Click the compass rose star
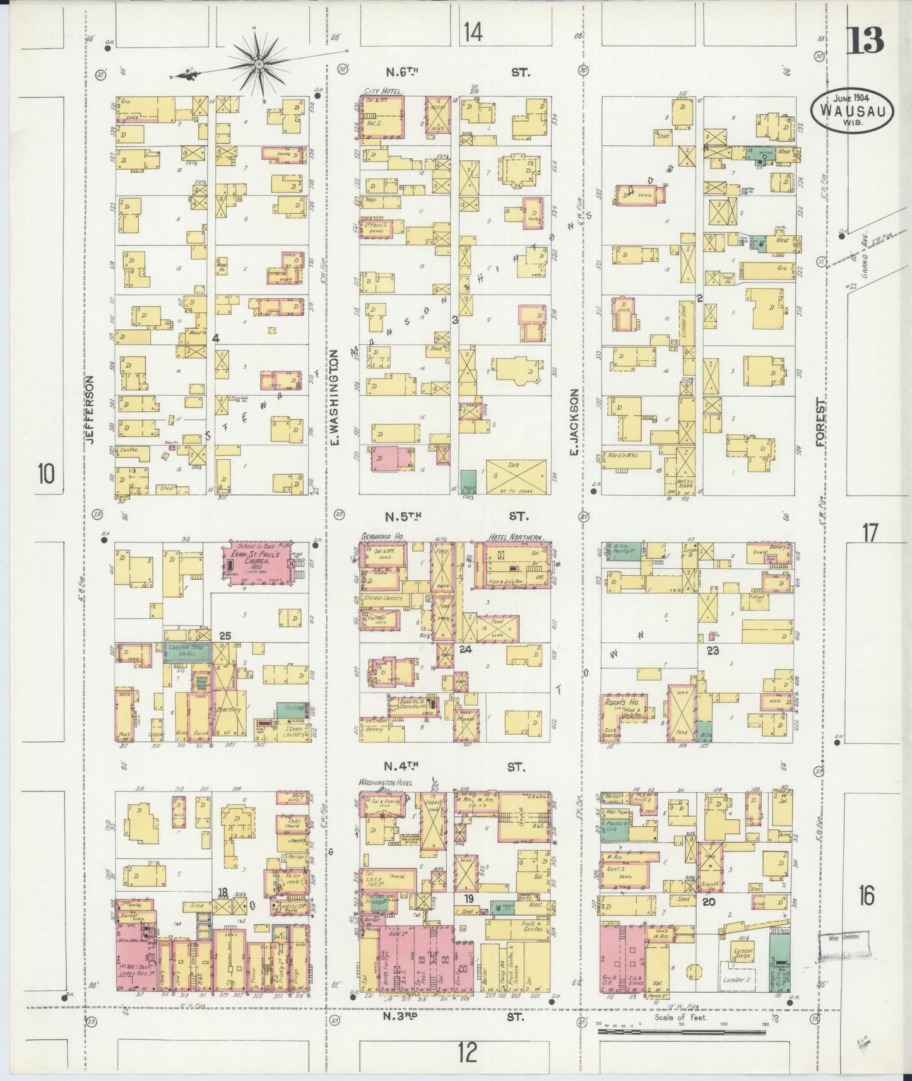pos(259,64)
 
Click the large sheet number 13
pos(864,42)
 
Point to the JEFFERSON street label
pos(90,411)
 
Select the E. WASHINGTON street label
pos(335,397)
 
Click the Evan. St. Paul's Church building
pos(255,563)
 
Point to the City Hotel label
pos(382,91)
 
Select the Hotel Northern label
pos(515,537)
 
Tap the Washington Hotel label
pos(386,782)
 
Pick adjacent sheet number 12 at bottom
pos(467,1052)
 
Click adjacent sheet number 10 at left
pos(45,472)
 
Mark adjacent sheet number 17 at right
pos(870,534)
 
